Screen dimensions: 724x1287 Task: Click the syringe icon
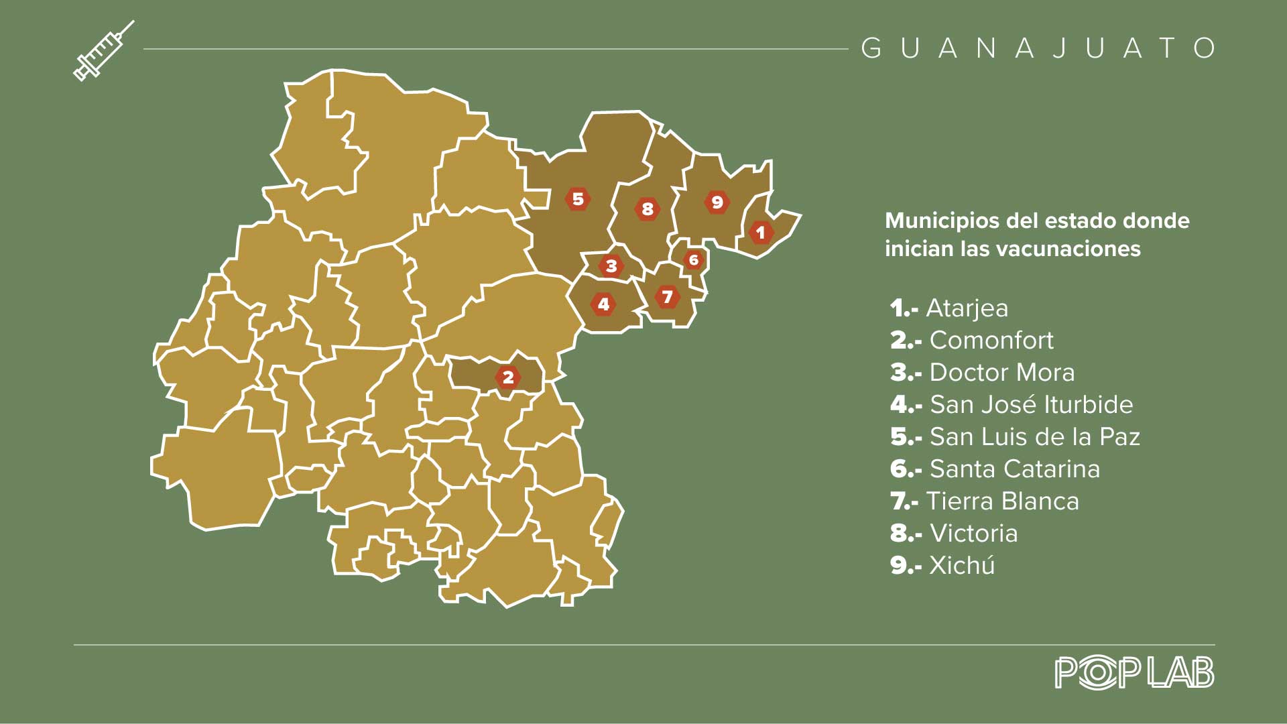103,51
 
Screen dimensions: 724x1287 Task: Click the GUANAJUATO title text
1038,48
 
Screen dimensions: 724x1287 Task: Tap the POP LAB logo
1134,672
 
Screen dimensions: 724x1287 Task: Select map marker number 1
760,233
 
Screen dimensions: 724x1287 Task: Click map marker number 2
508,377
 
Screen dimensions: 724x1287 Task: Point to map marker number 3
611,265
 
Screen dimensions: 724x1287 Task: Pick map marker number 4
603,304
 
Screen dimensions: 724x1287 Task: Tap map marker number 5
578,199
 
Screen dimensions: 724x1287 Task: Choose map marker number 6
694,259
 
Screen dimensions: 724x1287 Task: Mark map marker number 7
667,296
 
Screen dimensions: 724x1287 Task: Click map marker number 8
648,209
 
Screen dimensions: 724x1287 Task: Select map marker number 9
717,202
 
